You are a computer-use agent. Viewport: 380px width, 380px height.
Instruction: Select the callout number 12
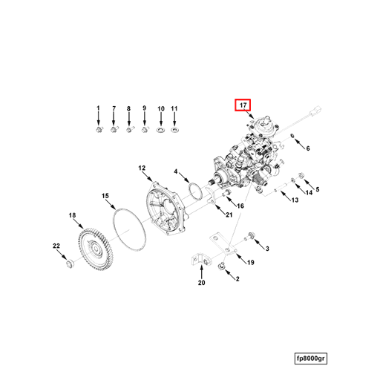tap(142, 168)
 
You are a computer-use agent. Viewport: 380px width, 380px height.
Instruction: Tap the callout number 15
tap(105, 196)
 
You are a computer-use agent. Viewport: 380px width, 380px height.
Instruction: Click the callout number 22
tap(56, 246)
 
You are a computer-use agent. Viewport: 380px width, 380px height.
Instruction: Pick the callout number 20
tap(201, 283)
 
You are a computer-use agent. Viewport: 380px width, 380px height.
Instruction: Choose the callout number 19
tap(251, 263)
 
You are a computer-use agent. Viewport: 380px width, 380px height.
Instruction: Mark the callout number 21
tap(229, 215)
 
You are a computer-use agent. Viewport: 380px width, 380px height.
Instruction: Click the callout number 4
tap(176, 172)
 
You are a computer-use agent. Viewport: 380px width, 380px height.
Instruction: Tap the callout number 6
tap(307, 148)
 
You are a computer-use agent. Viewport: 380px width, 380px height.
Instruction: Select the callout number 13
tap(295, 200)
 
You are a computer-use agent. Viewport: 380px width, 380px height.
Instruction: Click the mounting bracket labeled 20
tap(197, 261)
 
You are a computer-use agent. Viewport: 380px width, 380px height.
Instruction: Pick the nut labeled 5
tap(302, 177)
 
